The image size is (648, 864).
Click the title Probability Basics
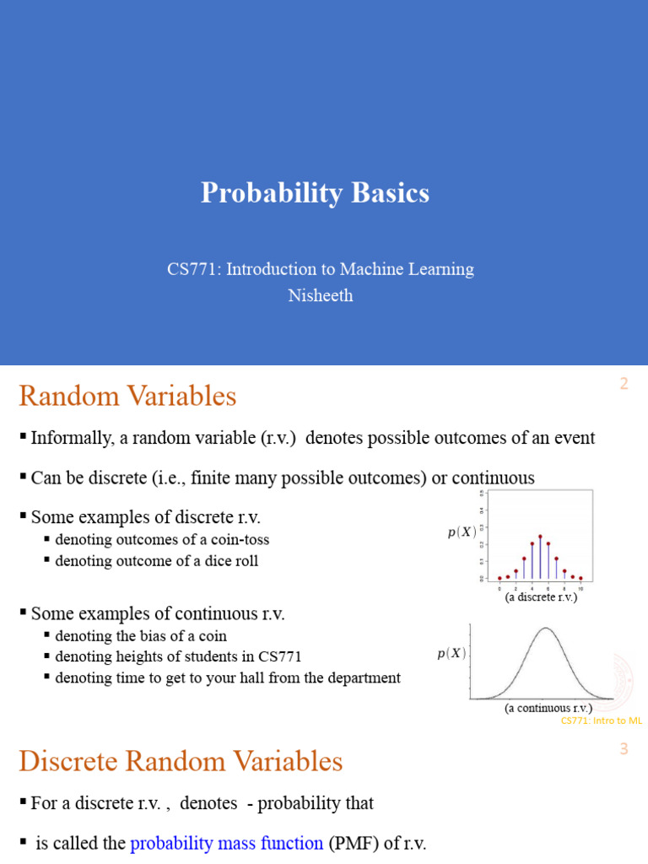[315, 193]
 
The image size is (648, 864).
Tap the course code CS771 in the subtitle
[191, 269]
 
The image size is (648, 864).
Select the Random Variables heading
[127, 396]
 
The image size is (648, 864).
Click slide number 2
[624, 384]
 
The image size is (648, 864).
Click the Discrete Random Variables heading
[181, 761]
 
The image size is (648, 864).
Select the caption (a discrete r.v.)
[541, 597]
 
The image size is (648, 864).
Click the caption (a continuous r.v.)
[548, 708]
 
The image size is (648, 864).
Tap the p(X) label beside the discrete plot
[462, 532]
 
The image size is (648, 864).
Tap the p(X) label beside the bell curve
[451, 654]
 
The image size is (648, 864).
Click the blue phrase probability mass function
[226, 842]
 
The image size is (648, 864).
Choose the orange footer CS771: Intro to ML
[602, 721]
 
